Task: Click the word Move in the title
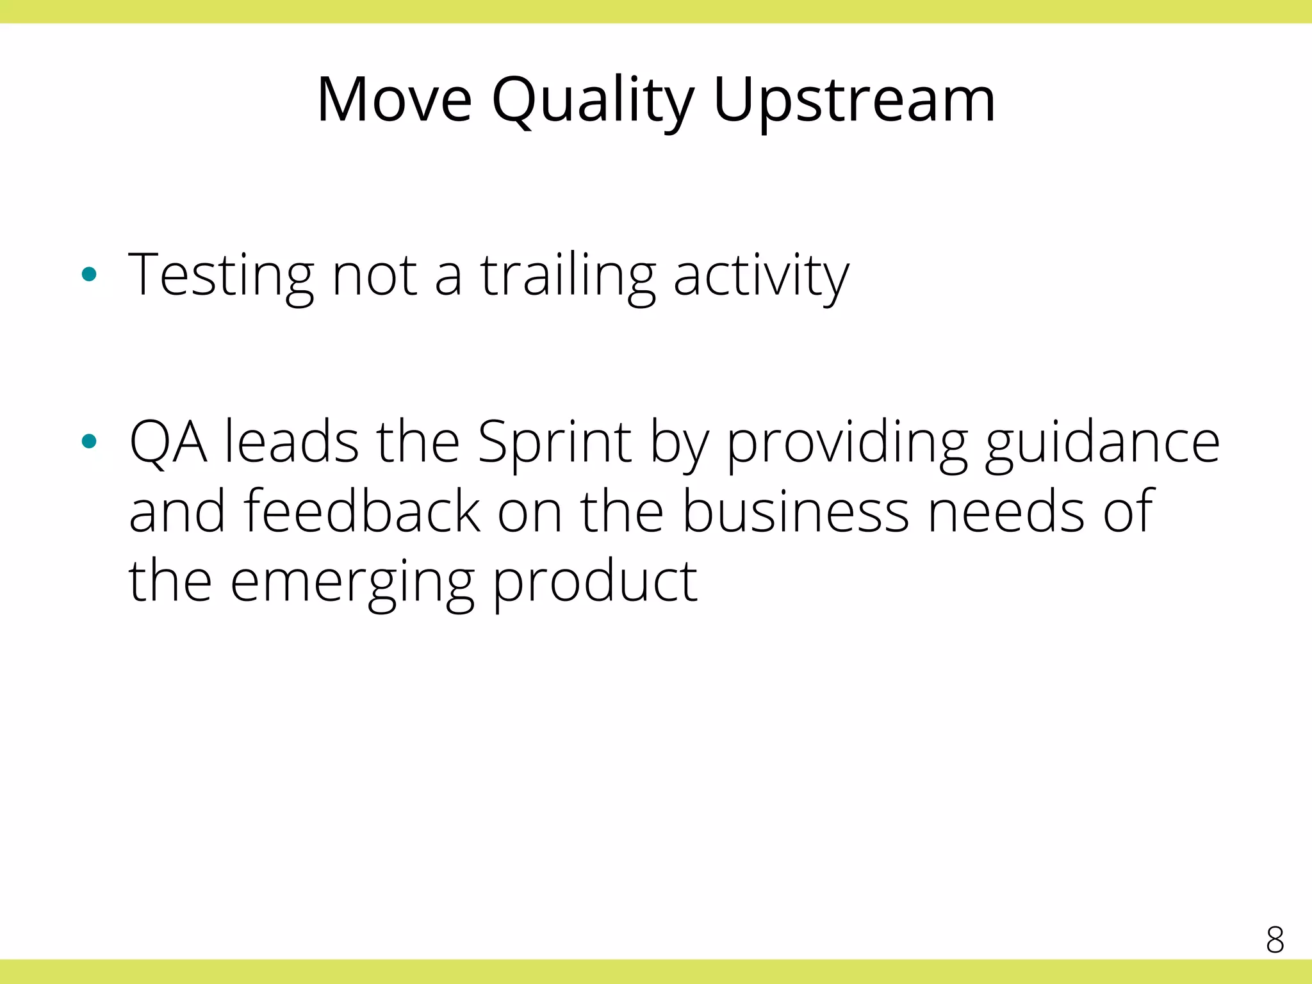click(394, 100)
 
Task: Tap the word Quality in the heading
click(593, 101)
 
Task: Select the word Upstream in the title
click(854, 101)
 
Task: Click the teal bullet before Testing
click(89, 275)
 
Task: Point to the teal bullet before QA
click(89, 441)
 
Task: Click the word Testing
click(221, 276)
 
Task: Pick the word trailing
click(568, 276)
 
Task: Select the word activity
click(761, 276)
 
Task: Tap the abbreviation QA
click(168, 442)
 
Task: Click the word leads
click(291, 442)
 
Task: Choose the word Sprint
click(555, 442)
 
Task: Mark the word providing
click(847, 442)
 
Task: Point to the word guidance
click(1102, 442)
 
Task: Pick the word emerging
click(352, 582)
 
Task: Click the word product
click(594, 582)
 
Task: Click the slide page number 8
click(1275, 940)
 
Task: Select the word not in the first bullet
click(375, 276)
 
